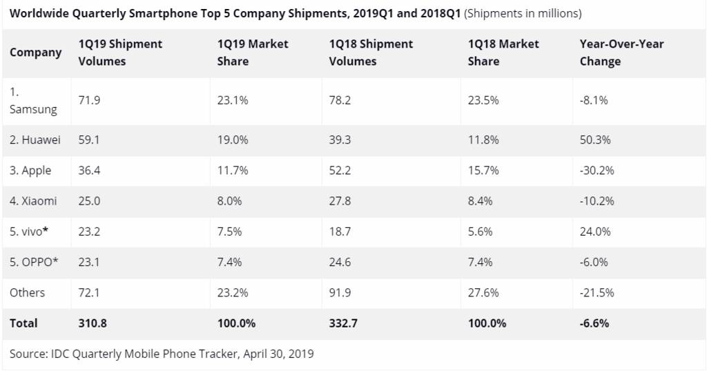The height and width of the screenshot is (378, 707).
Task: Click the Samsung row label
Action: coord(33,100)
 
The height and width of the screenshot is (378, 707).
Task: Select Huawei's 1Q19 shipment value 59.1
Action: coord(89,140)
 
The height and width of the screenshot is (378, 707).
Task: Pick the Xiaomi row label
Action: coord(33,201)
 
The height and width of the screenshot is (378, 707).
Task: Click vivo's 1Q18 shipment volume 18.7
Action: coord(340,231)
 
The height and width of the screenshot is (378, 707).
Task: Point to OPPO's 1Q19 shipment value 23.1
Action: coord(89,262)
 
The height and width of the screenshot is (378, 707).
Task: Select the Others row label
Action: coord(27,292)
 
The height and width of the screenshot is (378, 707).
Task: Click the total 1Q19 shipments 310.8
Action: coord(93,323)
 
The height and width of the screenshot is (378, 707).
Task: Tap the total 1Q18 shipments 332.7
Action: coord(343,323)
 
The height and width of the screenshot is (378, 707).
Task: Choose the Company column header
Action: coord(35,53)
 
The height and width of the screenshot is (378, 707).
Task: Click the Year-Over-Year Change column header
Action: coord(612,53)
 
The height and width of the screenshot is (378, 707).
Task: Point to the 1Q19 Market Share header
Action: coord(253,53)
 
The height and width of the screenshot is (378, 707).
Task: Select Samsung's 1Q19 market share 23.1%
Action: coord(233,100)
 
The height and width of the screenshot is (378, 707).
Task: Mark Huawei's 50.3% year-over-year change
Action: coord(596,140)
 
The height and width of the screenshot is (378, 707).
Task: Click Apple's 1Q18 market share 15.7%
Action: coord(483,170)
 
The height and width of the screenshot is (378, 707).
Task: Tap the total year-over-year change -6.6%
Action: coord(594,323)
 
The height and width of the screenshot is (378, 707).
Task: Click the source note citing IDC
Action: coord(162,354)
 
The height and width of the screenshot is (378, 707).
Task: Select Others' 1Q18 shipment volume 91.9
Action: coord(340,292)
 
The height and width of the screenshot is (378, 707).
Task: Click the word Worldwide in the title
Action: coord(38,13)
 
